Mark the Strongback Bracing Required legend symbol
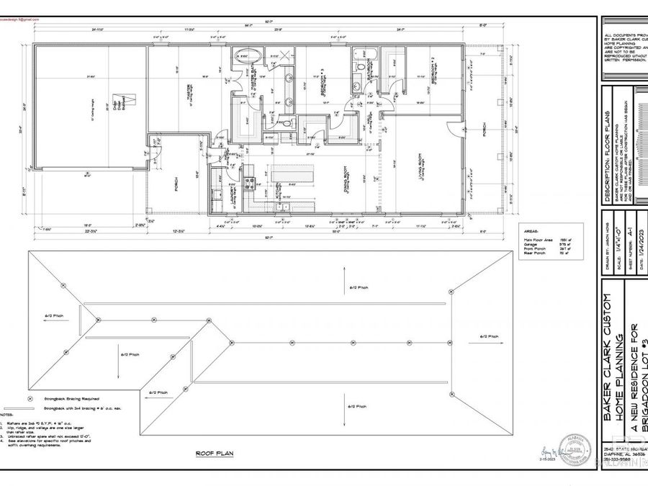[29, 398]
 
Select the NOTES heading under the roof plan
[6, 415]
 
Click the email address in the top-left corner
[15, 21]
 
